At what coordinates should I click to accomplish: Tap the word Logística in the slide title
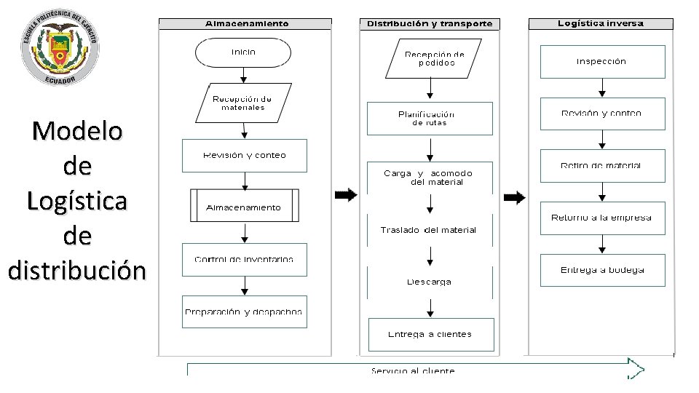[x=77, y=201]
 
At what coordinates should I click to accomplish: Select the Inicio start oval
[x=243, y=52]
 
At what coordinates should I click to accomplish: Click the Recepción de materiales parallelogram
[x=242, y=103]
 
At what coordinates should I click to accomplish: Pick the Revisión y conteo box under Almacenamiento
[x=244, y=155]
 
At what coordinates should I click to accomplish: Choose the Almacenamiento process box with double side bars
[x=244, y=206]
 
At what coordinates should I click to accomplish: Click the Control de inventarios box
[x=244, y=259]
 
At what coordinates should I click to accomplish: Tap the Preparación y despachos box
[x=244, y=311]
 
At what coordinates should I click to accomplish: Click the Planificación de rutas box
[x=430, y=118]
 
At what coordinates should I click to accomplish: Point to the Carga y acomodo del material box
[x=430, y=178]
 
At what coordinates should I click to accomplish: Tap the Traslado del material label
[x=429, y=230]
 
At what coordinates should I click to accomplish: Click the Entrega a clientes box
[x=431, y=334]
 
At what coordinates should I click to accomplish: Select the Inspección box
[x=602, y=62]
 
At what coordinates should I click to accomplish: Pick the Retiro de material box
[x=602, y=166]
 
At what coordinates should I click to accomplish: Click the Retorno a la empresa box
[x=602, y=218]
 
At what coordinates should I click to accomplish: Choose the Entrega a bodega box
[x=602, y=270]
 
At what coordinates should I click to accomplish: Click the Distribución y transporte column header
[x=430, y=23]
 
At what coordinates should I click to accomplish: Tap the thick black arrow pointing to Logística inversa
[x=515, y=197]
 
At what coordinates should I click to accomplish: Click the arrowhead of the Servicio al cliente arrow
[x=636, y=368]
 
